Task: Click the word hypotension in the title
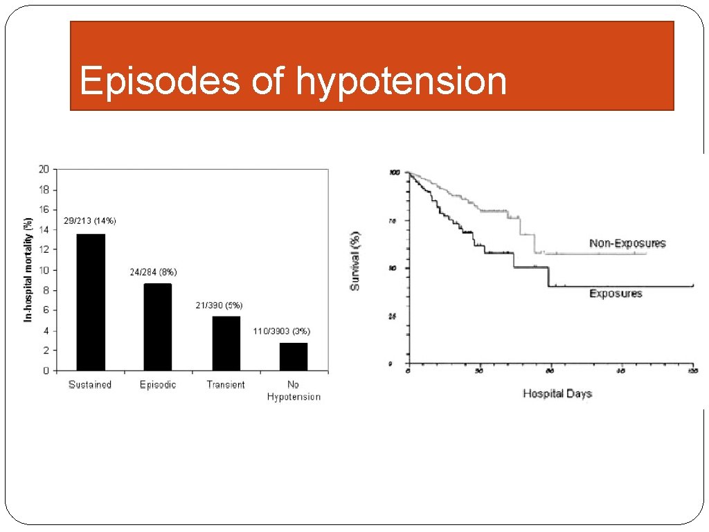(402, 82)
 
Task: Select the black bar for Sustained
(91, 303)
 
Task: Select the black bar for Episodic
(158, 327)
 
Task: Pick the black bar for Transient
(226, 344)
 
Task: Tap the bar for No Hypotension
(294, 357)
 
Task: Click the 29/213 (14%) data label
(90, 221)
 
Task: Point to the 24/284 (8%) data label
(153, 272)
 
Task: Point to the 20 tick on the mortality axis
(44, 169)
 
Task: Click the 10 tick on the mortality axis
(44, 270)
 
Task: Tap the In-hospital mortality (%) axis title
(28, 269)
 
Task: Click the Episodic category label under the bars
(158, 385)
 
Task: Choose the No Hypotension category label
(294, 391)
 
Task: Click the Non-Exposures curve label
(627, 243)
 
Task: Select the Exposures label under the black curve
(616, 294)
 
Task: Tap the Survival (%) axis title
(355, 261)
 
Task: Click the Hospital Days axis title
(557, 393)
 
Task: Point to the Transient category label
(226, 385)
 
